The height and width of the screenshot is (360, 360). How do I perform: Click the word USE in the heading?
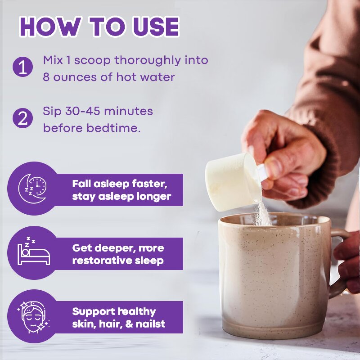[x=155, y=27]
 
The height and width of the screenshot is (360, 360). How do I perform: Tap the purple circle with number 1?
[x=23, y=67]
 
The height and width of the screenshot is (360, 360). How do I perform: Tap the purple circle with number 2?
[x=23, y=118]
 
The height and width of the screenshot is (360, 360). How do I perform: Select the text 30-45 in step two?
[x=83, y=111]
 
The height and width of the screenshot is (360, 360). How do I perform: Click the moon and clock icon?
[x=32, y=188]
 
